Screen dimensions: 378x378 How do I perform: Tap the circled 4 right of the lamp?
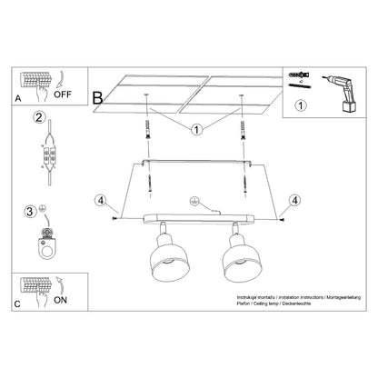293,199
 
